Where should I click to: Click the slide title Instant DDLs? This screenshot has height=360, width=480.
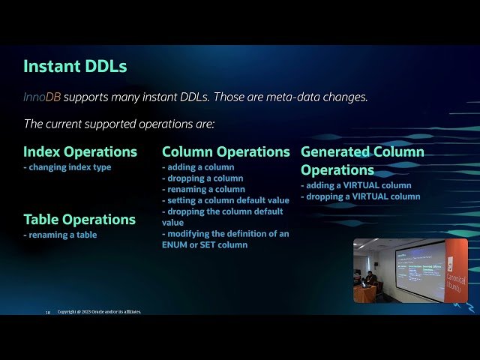coord(75,66)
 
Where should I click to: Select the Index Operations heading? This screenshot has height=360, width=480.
coord(80,151)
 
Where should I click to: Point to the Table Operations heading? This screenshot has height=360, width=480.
coord(79,219)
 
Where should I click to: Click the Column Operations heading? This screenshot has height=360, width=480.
coord(226,151)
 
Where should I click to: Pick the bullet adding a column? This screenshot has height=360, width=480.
coord(198,167)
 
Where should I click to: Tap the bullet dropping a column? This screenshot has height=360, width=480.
coord(202,178)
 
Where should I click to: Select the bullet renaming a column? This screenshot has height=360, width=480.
coord(203,190)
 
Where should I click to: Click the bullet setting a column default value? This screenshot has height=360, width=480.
coord(226,200)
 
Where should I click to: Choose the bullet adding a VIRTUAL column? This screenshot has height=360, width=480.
coord(356,185)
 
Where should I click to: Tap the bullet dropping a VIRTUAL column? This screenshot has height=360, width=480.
coord(360,196)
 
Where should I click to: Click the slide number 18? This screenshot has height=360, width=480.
coord(48,312)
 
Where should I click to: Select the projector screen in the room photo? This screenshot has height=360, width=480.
coord(420,265)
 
